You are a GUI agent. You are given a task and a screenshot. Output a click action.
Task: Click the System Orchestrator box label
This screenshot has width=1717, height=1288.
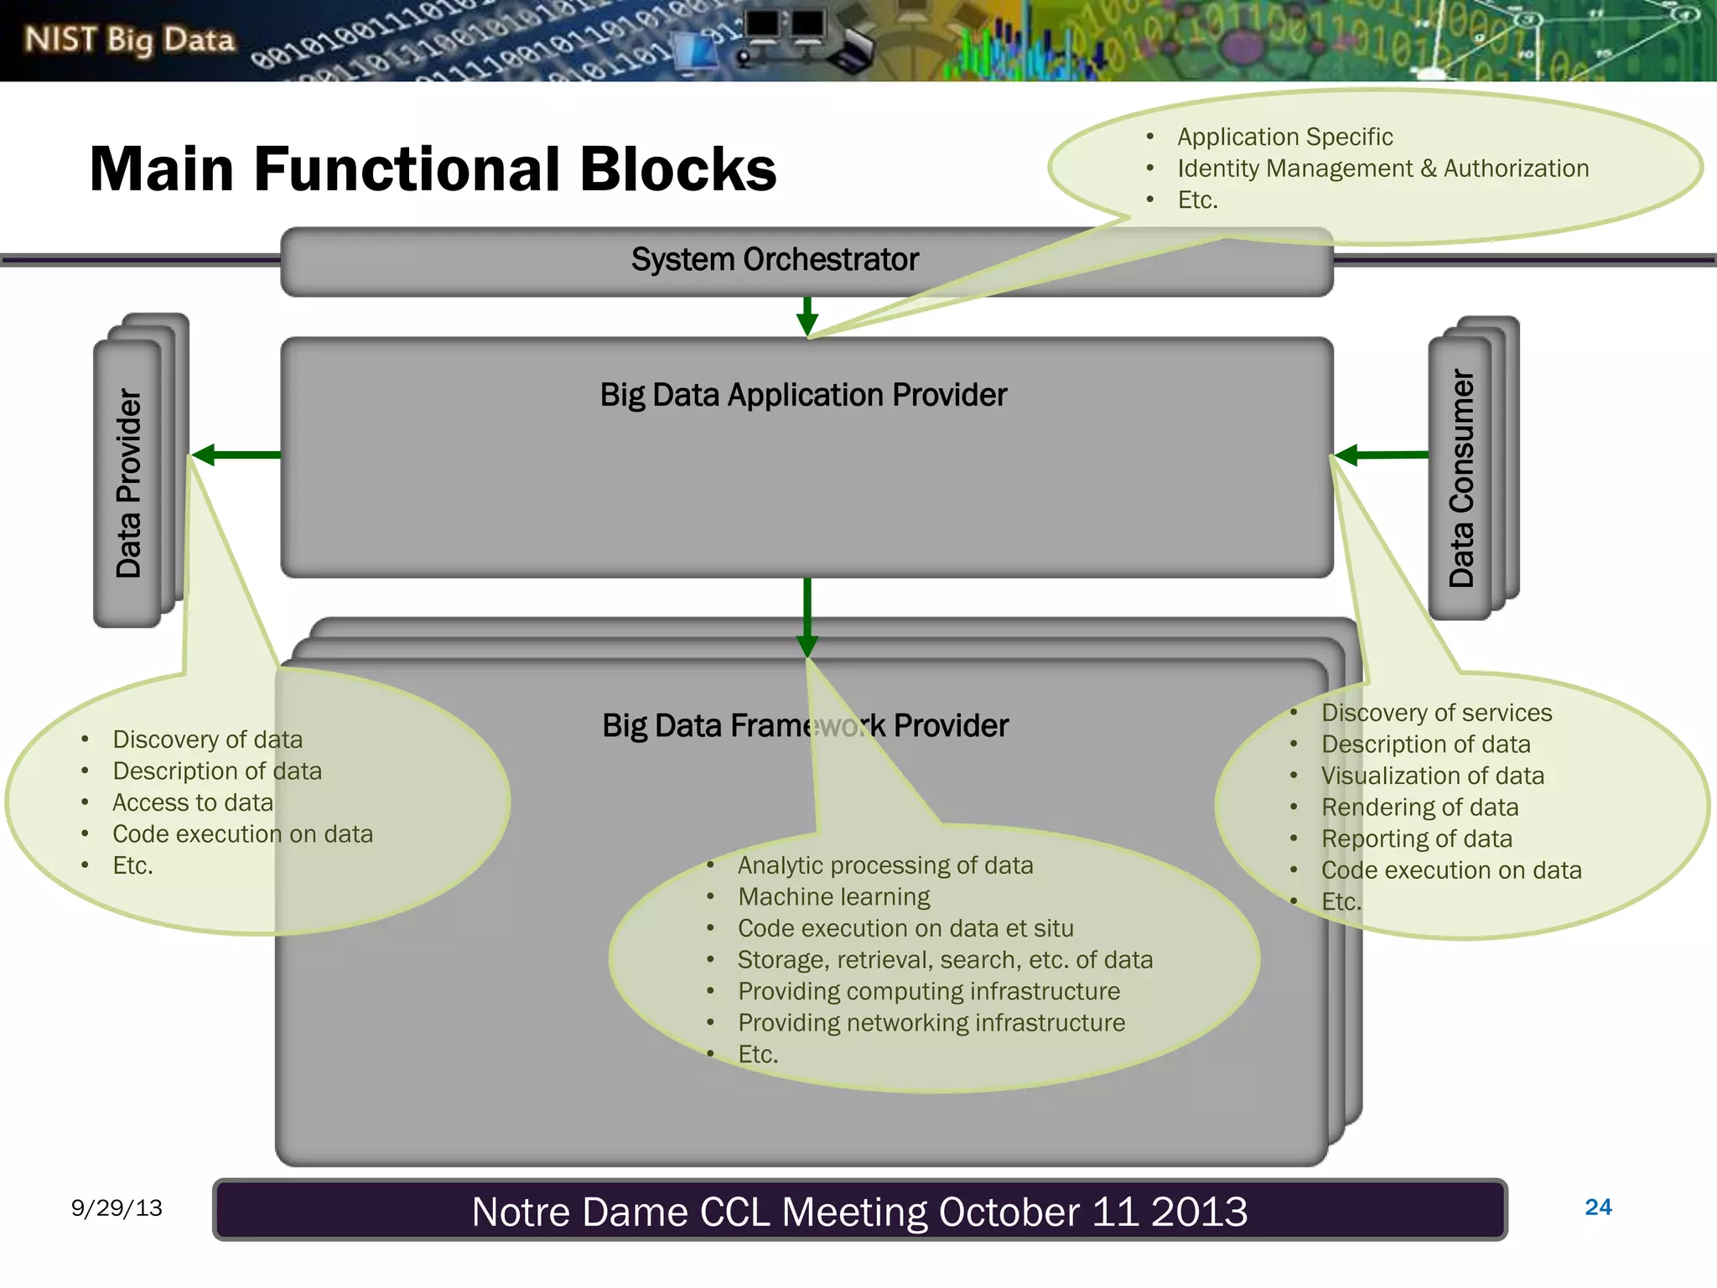coord(775,260)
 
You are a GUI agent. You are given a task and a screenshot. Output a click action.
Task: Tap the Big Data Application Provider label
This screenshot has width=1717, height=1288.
coord(803,395)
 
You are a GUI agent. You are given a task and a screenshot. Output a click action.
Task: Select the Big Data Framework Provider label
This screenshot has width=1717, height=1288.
coord(805,725)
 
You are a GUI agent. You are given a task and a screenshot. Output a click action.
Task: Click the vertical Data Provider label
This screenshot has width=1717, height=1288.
coord(128,483)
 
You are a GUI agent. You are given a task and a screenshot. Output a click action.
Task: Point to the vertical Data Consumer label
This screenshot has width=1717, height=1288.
coord(1461,478)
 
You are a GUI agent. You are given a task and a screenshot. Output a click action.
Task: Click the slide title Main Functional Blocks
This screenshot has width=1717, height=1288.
coord(433,169)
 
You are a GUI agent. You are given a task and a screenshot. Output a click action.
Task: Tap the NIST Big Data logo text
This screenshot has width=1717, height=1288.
coord(130,39)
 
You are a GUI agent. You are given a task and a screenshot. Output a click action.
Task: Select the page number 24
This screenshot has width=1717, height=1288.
coord(1598,1207)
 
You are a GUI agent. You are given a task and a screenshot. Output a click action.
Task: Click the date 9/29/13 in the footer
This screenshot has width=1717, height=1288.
coord(117,1207)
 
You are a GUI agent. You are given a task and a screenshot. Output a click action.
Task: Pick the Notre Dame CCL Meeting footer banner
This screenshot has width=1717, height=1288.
coord(859,1211)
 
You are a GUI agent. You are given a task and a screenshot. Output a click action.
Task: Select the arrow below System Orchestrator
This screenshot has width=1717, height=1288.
coord(807,316)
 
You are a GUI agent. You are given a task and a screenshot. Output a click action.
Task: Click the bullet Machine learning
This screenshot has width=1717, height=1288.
coord(833,897)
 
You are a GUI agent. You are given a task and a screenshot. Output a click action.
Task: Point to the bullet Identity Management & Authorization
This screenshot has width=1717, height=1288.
coord(1382,169)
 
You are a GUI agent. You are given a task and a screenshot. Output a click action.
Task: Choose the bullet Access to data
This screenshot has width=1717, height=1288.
coord(193,802)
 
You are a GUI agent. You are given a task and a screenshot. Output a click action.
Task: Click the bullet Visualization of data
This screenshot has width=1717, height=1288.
coord(1432,776)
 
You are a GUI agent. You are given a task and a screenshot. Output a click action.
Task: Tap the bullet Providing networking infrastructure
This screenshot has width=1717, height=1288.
coord(931,1023)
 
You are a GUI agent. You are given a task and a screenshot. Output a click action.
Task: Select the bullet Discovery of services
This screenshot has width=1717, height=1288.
coord(1436,713)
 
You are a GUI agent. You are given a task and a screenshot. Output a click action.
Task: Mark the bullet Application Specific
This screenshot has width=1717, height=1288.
coord(1284,137)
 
